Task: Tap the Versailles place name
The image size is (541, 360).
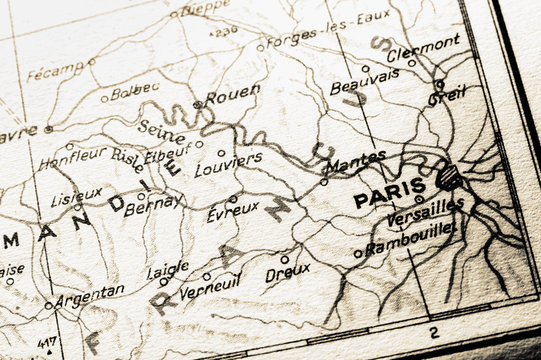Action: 424,212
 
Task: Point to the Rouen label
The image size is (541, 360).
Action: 233,96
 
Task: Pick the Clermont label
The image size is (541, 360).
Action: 423,47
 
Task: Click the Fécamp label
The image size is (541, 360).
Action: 54,72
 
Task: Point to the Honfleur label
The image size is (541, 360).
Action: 71,157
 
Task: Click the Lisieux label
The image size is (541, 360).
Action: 76,194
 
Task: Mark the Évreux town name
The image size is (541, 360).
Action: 232,210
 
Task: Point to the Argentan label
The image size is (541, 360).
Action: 89,294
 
